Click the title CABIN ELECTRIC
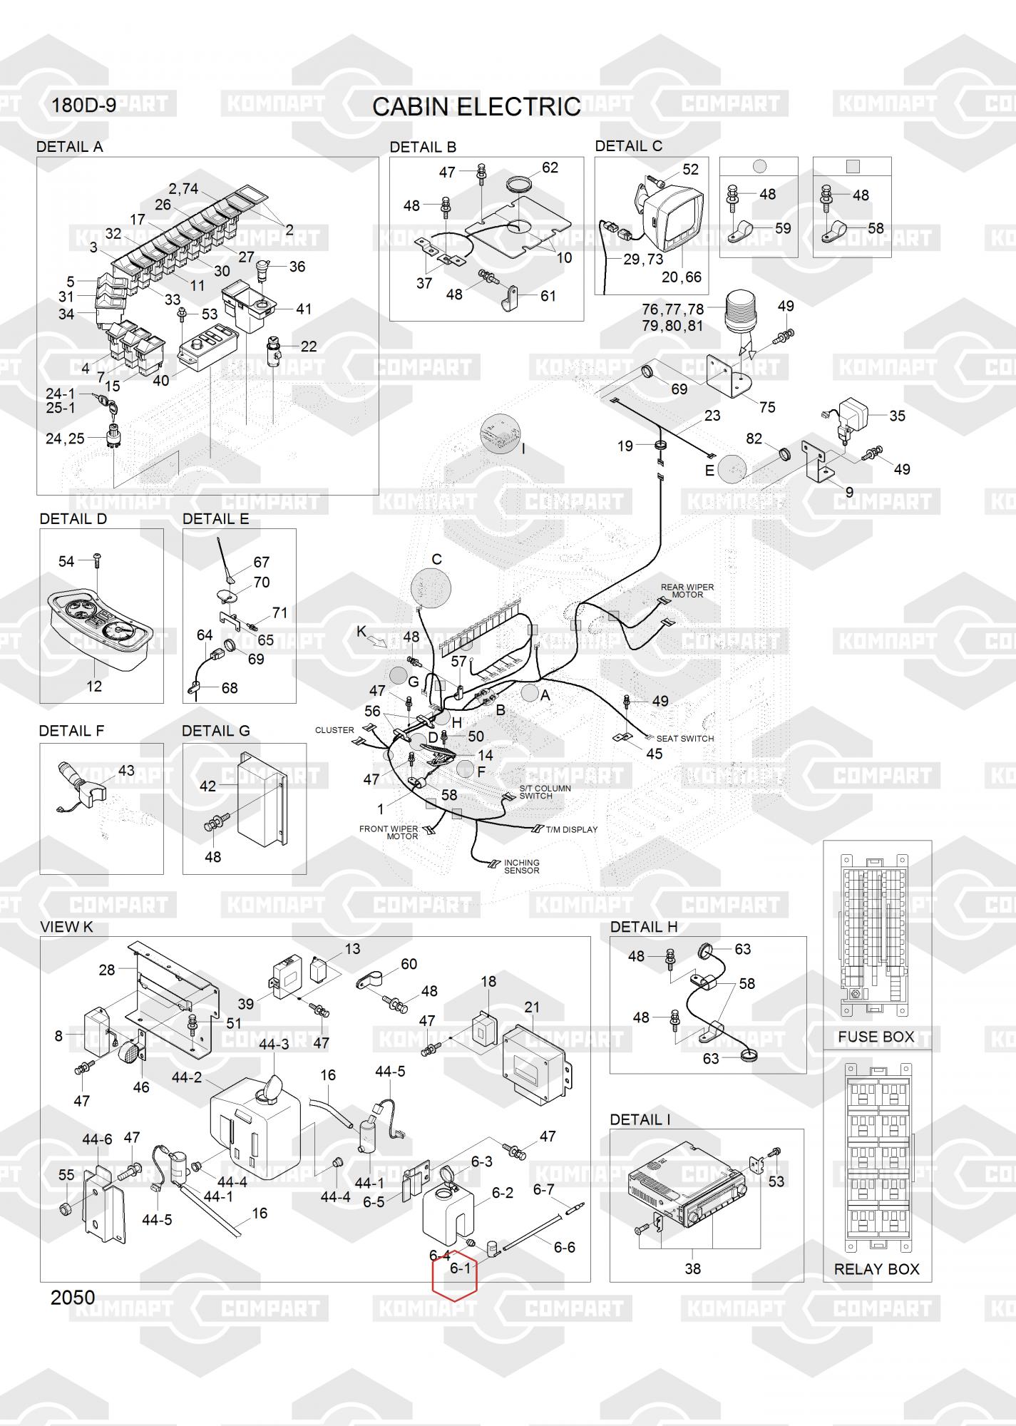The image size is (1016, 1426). click(x=476, y=107)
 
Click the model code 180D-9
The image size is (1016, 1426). click(x=83, y=106)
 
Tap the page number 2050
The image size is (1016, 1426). click(x=73, y=1297)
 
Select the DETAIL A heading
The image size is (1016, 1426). click(x=69, y=147)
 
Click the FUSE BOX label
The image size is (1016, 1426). click(x=876, y=1037)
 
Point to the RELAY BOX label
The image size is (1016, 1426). click(x=876, y=1269)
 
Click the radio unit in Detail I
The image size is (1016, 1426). click(x=686, y=1189)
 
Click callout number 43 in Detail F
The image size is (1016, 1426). click(x=126, y=771)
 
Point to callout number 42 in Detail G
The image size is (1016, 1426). click(x=207, y=786)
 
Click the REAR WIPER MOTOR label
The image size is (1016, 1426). click(x=687, y=591)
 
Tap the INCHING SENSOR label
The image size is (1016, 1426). click(x=521, y=866)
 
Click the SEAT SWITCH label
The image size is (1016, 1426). click(x=684, y=739)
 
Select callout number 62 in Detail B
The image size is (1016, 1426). click(x=550, y=168)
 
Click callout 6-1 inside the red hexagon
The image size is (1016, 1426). click(x=461, y=1268)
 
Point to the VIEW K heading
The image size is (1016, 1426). click(x=66, y=927)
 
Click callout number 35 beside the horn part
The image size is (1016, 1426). click(x=897, y=416)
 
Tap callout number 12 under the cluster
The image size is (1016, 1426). click(x=94, y=686)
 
